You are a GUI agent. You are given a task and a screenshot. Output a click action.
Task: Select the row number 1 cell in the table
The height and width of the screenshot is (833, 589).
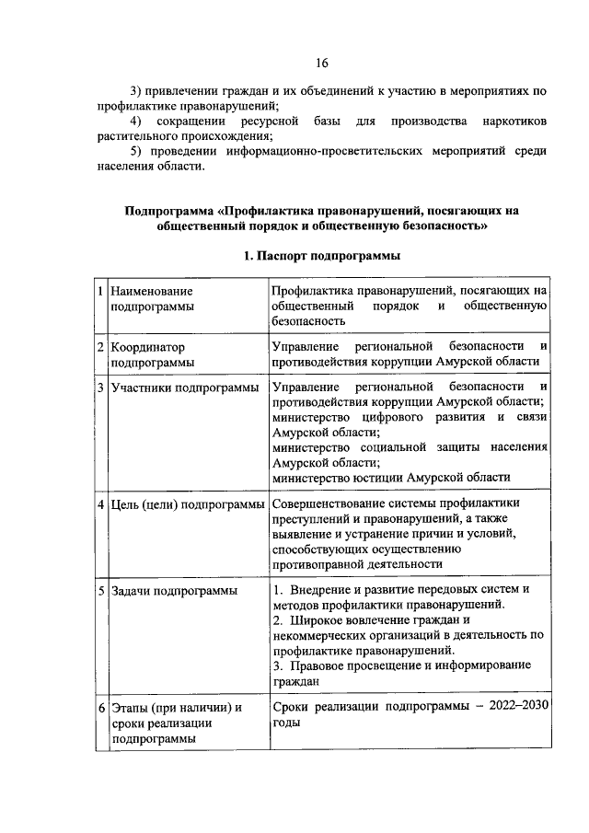point(101,291)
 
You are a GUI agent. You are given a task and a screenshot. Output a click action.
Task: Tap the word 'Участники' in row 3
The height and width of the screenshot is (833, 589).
point(142,388)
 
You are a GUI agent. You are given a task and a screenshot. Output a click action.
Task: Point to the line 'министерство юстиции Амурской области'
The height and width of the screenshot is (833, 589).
point(390,477)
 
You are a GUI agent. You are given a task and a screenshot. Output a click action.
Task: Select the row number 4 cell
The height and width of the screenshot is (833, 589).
point(101,504)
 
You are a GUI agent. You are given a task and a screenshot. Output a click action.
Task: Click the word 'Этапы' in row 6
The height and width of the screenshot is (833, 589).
point(132,708)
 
